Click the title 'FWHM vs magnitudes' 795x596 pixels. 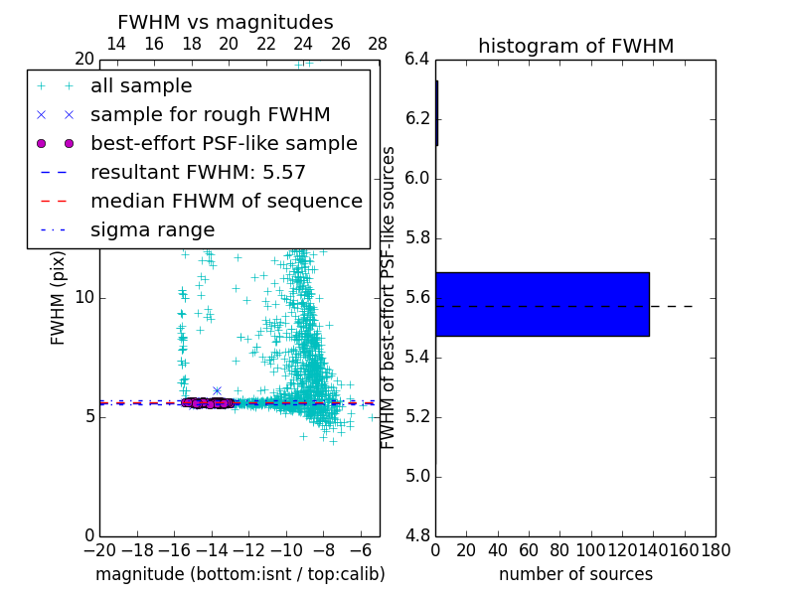(x=226, y=22)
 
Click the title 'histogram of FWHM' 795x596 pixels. (x=575, y=46)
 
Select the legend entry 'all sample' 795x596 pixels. (x=141, y=86)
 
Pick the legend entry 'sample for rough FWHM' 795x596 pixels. (x=210, y=115)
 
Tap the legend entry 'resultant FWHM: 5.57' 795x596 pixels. (x=198, y=173)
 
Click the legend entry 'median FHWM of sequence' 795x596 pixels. (x=226, y=202)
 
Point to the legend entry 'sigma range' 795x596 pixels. (x=152, y=230)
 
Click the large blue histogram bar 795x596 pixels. (x=543, y=304)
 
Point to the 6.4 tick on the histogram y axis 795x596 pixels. (x=416, y=60)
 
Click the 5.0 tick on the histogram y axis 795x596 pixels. (x=416, y=476)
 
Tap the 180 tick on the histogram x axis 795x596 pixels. (x=715, y=550)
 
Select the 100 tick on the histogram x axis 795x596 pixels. (x=591, y=550)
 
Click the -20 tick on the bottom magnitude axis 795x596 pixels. (x=99, y=550)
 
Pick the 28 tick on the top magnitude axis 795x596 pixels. (x=379, y=44)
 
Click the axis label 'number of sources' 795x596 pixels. (x=575, y=574)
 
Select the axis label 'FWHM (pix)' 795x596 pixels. (x=59, y=297)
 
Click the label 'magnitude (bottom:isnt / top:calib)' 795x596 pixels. (x=239, y=574)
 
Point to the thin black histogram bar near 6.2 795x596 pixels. (x=436, y=113)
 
